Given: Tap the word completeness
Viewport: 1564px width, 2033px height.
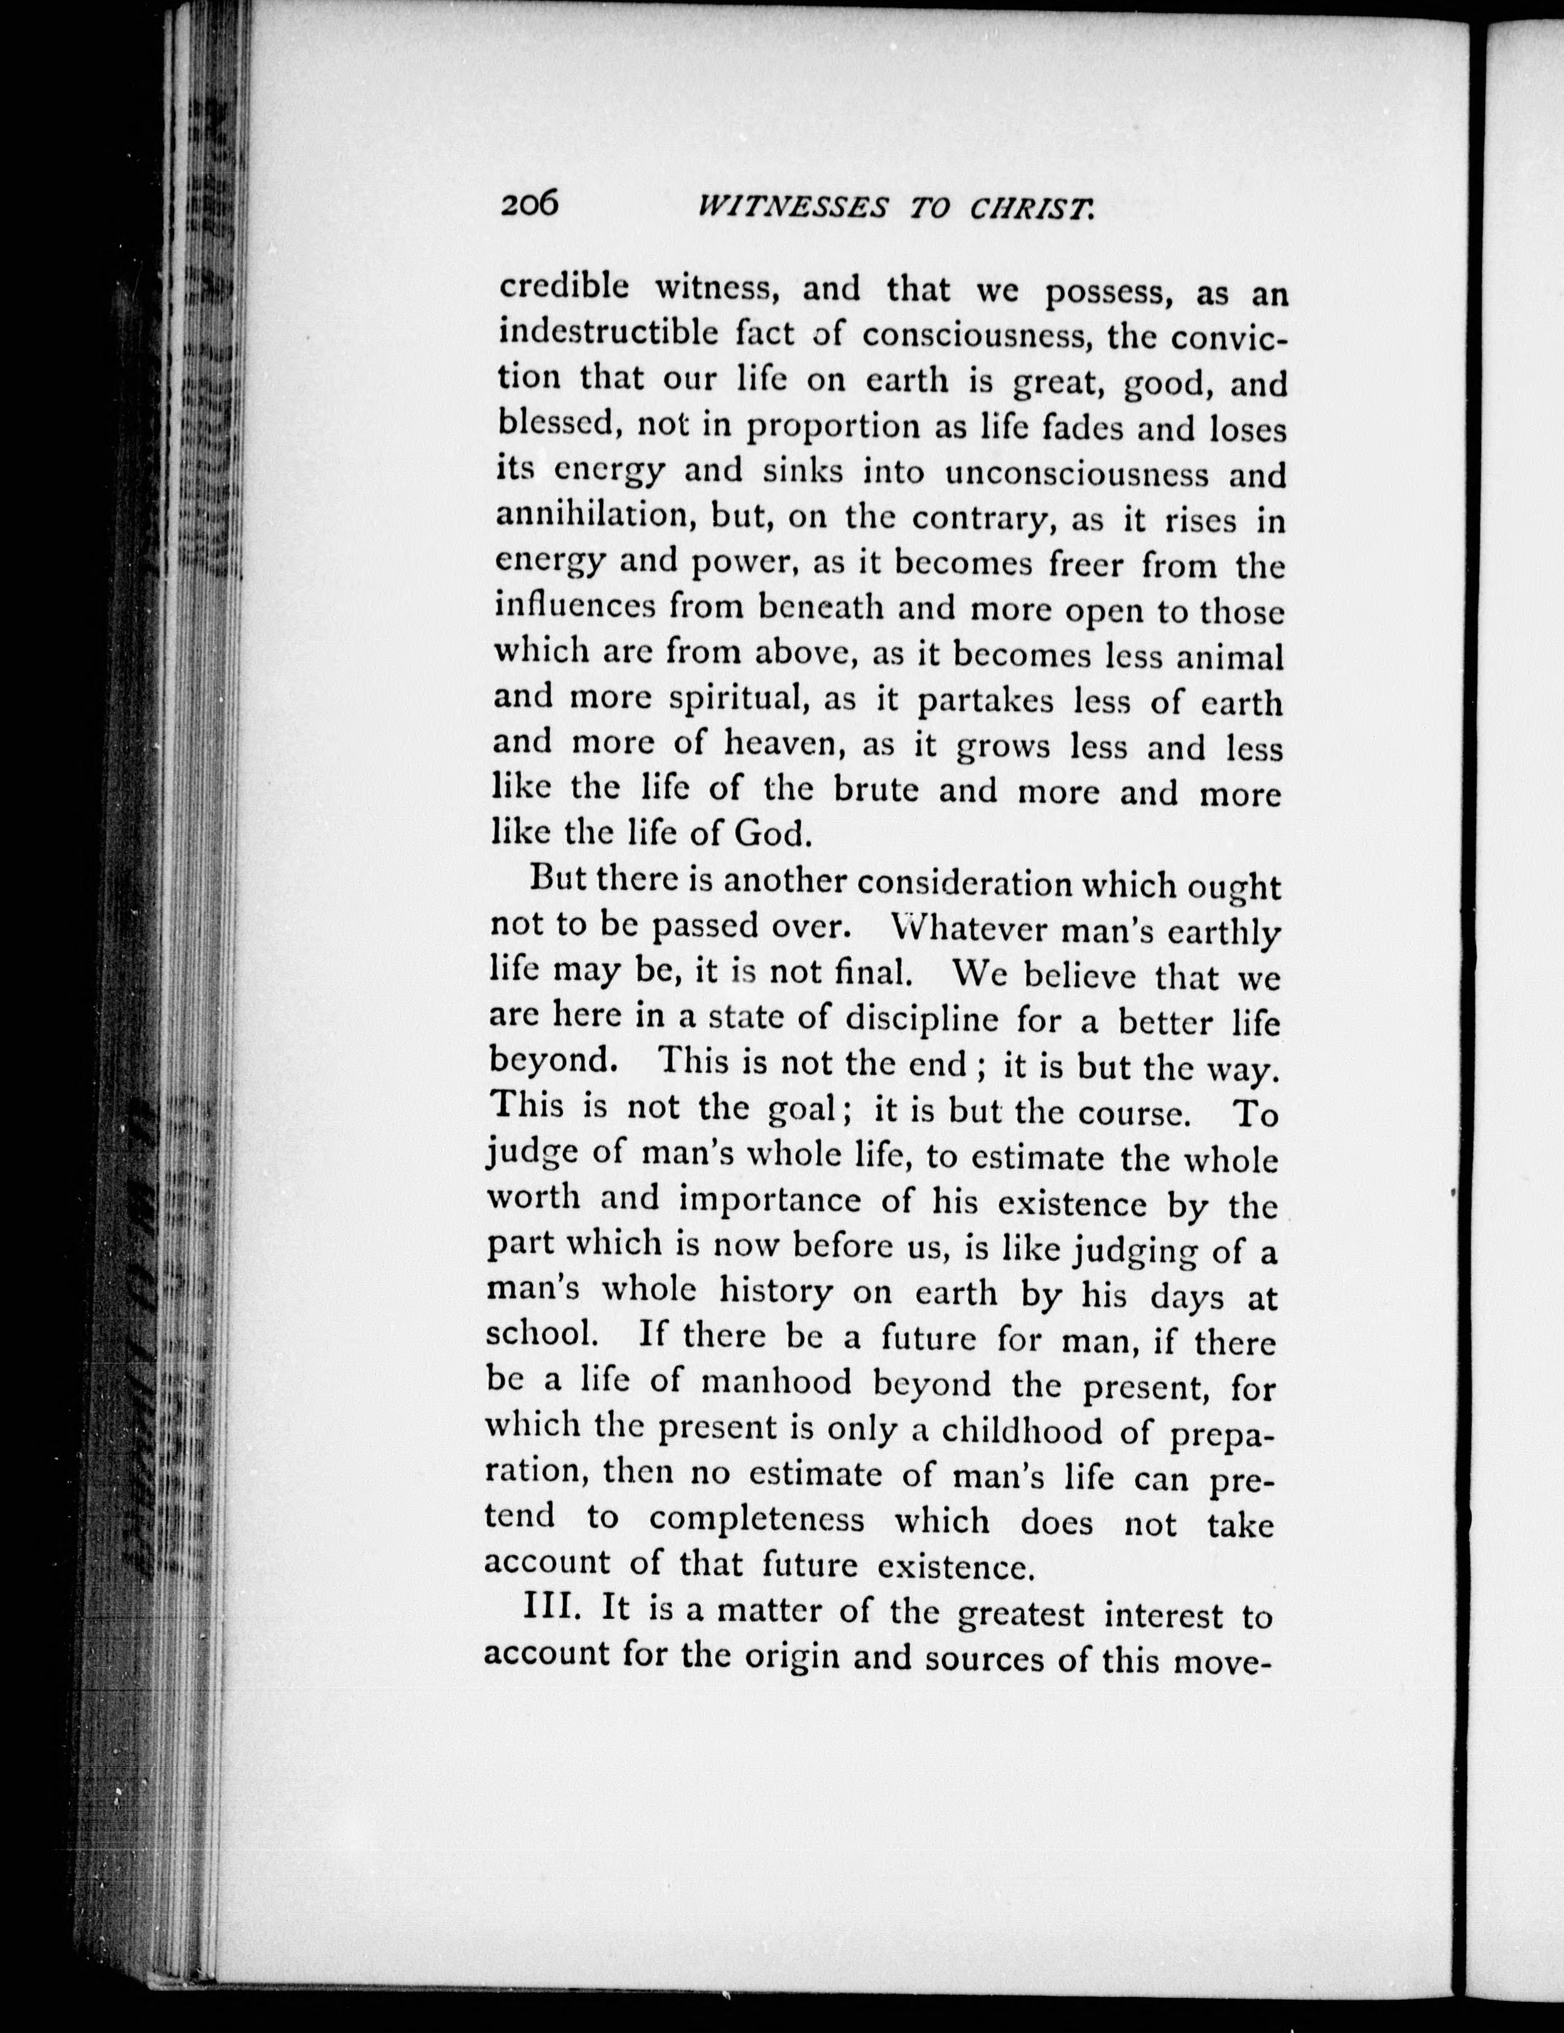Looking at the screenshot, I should coord(757,1521).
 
